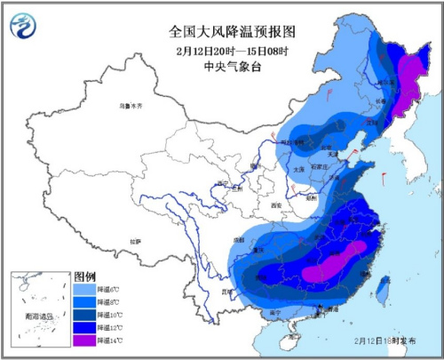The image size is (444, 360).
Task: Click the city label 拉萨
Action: pos(134,241)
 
